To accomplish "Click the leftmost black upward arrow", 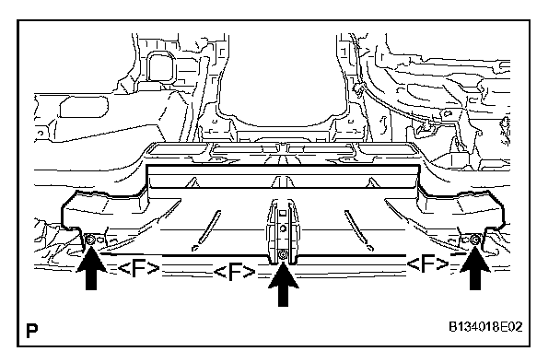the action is [91, 269].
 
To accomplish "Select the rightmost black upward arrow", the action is [475, 269].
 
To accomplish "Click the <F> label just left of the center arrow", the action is [235, 273].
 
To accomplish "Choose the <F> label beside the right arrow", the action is [427, 264].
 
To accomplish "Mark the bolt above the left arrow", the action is [90, 240].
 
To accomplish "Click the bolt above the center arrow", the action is [283, 254].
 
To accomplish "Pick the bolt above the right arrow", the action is [475, 240].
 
